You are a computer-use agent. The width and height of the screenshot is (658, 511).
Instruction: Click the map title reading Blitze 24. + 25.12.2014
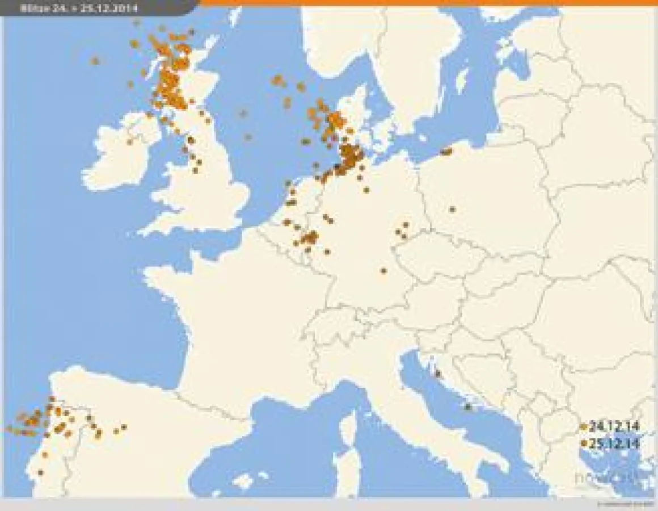click(x=82, y=8)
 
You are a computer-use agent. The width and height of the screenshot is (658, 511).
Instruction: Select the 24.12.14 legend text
click(x=614, y=426)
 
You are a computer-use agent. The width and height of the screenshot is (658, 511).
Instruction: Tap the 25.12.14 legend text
click(x=614, y=443)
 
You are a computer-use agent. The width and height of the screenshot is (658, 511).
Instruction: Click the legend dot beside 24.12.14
click(x=584, y=426)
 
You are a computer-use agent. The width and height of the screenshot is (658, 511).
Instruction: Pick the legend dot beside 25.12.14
click(x=584, y=443)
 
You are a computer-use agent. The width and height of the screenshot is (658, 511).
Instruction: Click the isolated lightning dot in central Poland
click(x=452, y=209)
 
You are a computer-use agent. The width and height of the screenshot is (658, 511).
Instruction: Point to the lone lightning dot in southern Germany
click(x=383, y=271)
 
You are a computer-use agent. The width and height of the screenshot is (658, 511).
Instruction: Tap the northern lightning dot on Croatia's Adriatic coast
click(x=437, y=373)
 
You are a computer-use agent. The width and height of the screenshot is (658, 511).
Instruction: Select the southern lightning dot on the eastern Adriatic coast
click(x=468, y=407)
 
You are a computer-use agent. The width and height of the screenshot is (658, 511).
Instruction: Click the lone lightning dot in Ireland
click(x=130, y=142)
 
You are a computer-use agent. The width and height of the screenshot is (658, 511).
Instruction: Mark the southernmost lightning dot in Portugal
click(x=40, y=472)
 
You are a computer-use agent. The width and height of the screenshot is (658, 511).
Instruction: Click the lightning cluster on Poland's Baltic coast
click(x=447, y=152)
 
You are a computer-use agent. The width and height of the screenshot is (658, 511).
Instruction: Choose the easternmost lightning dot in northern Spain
click(x=124, y=427)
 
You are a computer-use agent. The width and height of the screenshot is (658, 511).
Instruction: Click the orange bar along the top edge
click(x=425, y=3)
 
